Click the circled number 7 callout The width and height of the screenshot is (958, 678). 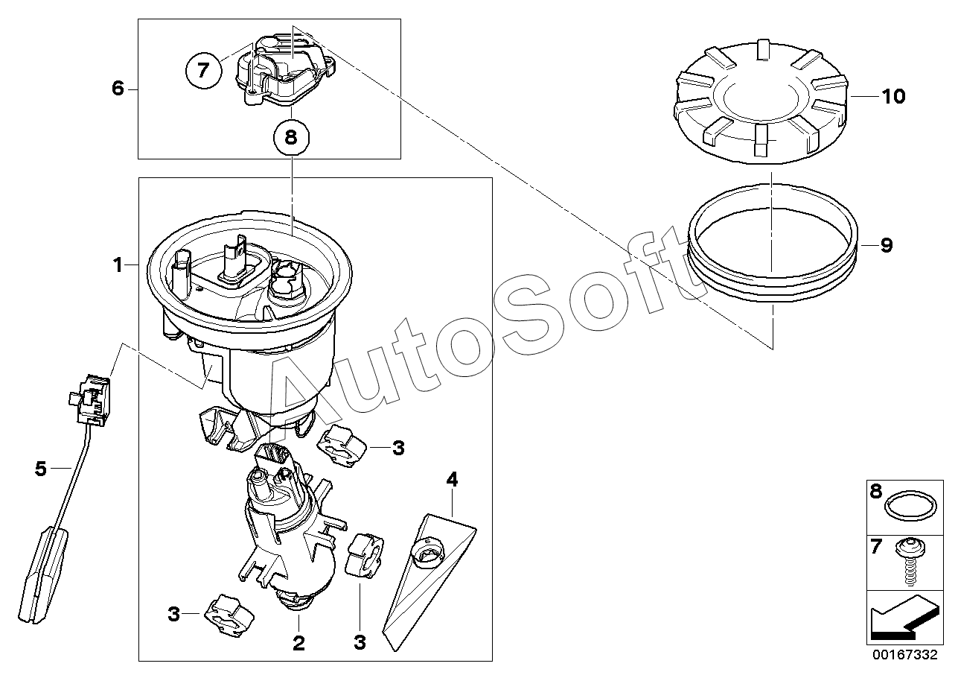[x=204, y=71]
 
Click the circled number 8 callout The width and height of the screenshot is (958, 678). [x=291, y=137]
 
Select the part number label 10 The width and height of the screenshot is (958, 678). [x=893, y=96]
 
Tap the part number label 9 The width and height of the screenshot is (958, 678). [x=887, y=245]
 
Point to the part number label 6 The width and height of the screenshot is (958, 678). [x=118, y=89]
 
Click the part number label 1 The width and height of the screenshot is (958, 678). [x=118, y=265]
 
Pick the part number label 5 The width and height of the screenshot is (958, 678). [x=41, y=469]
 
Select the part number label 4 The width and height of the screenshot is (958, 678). [x=452, y=479]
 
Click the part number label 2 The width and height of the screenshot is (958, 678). [x=298, y=642]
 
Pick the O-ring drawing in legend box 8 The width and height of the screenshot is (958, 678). [x=910, y=507]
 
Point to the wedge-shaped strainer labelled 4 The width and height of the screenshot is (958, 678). [x=429, y=581]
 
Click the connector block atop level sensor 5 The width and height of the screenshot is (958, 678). [x=90, y=400]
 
